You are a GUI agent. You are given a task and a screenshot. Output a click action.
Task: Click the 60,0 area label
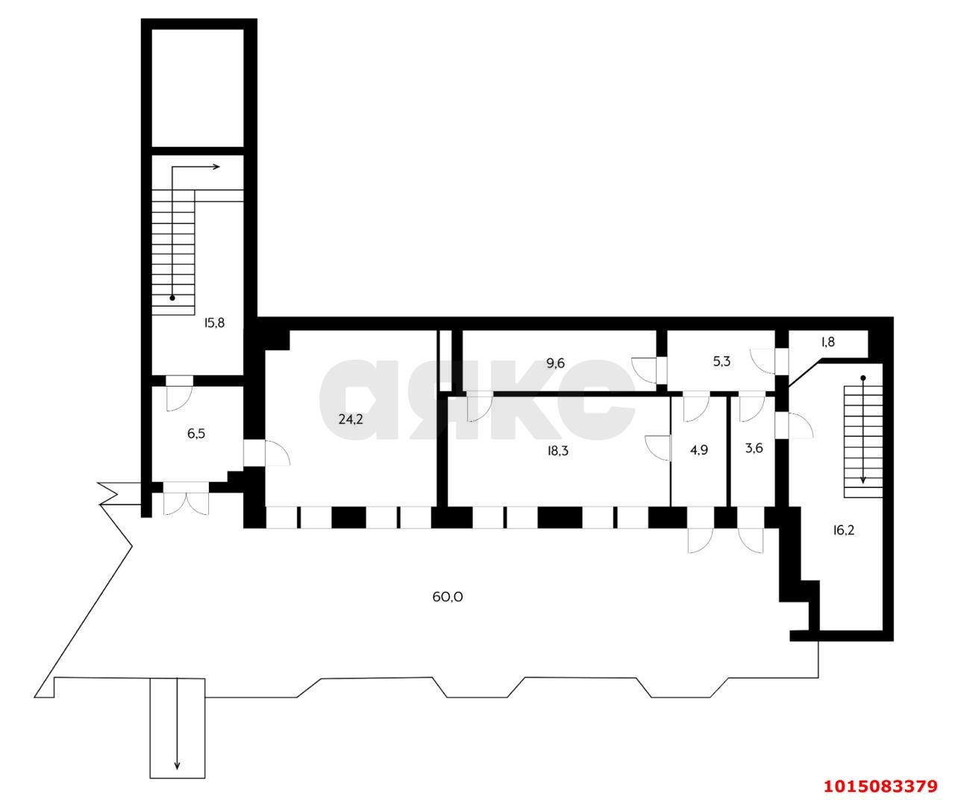(x=448, y=596)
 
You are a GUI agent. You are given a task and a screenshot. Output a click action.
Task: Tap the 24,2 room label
(x=351, y=419)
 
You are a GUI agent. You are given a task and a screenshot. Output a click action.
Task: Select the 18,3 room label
(x=557, y=451)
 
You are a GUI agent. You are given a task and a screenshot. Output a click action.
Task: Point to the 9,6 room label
(x=556, y=363)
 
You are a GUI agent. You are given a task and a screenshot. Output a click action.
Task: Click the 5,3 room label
(x=721, y=361)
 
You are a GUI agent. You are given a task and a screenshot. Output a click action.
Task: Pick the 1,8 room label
(x=828, y=342)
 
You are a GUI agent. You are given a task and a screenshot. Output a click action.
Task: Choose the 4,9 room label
(x=699, y=450)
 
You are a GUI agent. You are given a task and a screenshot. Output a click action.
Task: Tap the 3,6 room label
(x=754, y=448)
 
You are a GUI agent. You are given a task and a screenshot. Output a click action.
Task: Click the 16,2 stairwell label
(x=844, y=530)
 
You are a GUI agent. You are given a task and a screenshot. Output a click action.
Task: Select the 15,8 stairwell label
(x=214, y=323)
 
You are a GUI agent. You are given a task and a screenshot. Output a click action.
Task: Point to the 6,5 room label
(x=195, y=433)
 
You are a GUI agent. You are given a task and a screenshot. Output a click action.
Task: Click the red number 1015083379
(x=881, y=787)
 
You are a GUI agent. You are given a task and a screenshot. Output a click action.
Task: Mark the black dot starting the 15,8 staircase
(x=172, y=298)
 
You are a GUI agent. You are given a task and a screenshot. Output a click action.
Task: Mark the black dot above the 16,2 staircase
(x=863, y=378)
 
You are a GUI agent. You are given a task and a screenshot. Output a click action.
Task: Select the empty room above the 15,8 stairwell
(x=197, y=88)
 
